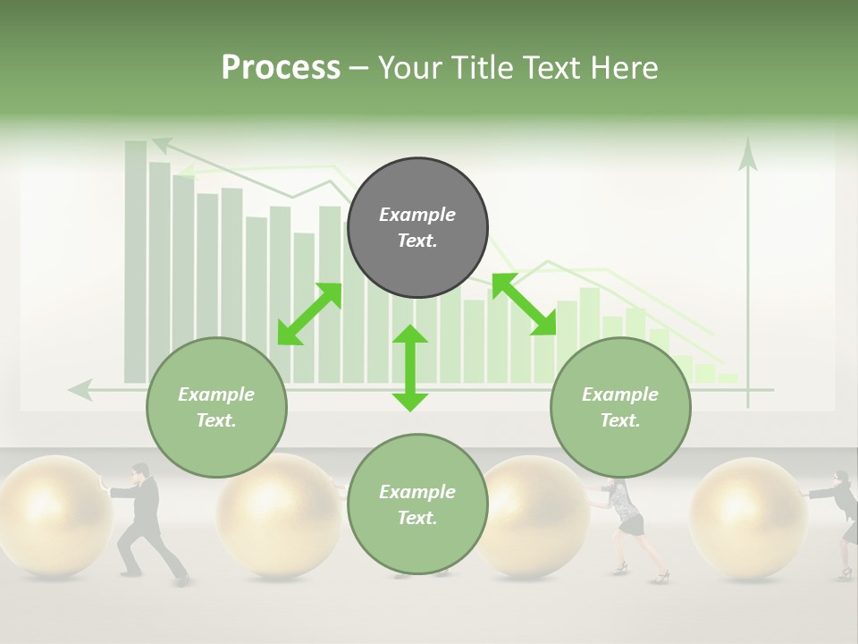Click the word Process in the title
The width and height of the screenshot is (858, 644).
click(x=281, y=68)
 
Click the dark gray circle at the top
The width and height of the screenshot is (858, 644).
click(x=417, y=227)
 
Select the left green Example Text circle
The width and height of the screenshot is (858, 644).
click(x=216, y=407)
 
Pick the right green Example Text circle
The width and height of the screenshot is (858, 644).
click(x=620, y=407)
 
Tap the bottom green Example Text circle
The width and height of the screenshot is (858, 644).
click(x=417, y=504)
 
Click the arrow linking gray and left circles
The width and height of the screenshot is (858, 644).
click(x=309, y=314)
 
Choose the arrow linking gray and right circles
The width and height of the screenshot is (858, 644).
click(x=524, y=305)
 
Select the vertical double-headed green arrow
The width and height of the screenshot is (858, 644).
click(x=410, y=368)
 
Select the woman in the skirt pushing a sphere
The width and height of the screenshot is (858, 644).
click(x=627, y=523)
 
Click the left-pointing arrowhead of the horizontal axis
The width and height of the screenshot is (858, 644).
click(x=80, y=389)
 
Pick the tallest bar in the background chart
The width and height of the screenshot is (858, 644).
click(x=136, y=260)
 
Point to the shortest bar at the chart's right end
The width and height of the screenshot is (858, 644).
click(x=728, y=378)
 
